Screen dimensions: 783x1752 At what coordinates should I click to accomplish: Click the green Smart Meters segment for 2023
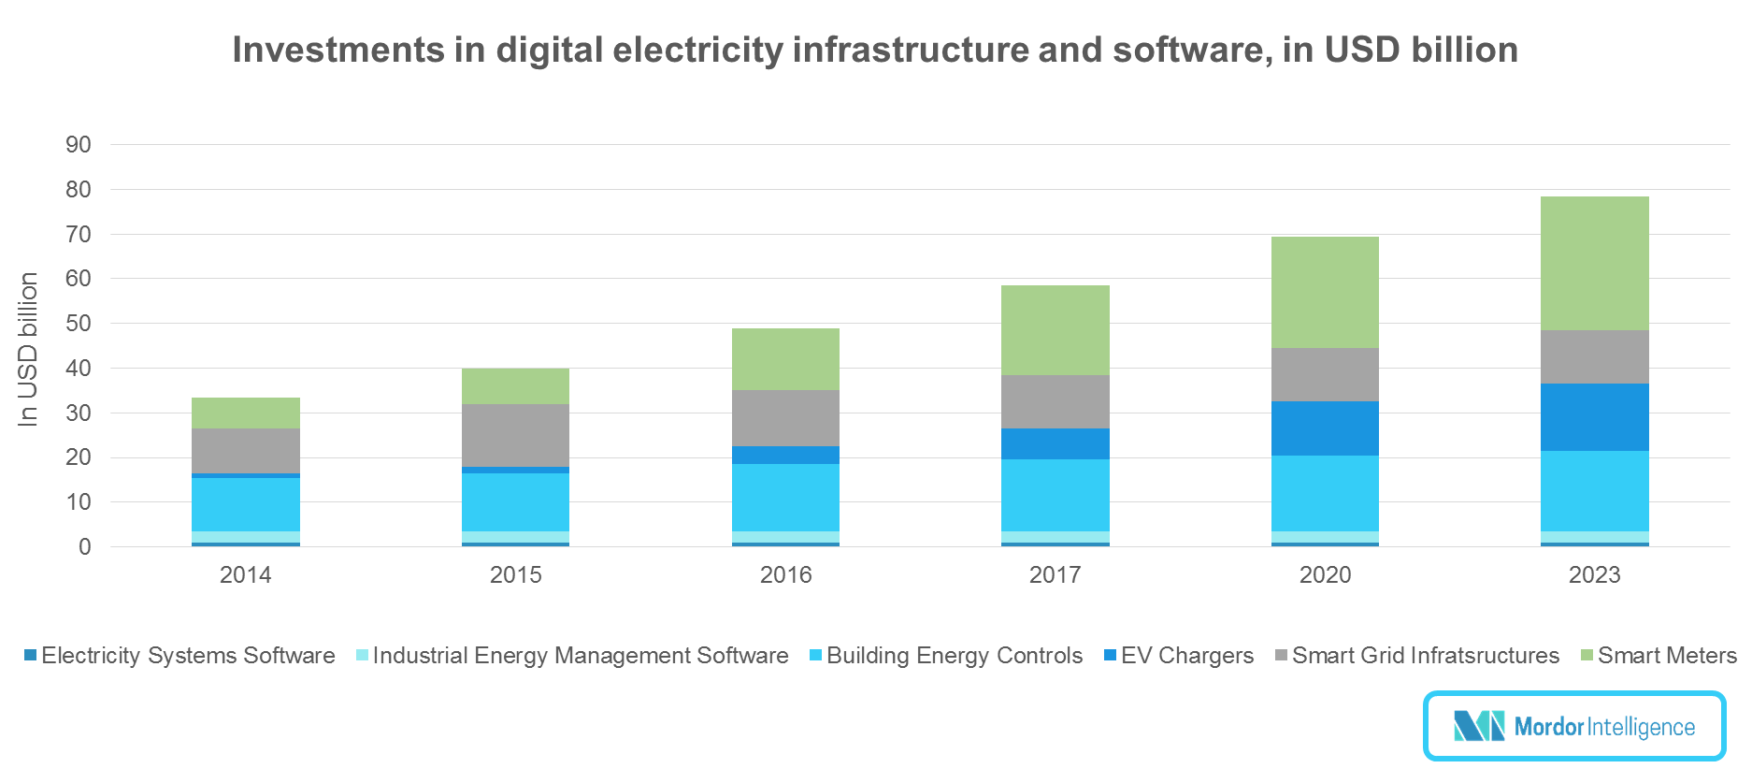[x=1594, y=263]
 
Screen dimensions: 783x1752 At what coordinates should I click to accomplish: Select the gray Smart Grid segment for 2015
[x=515, y=435]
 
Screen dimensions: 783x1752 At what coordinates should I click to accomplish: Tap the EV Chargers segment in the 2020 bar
[x=1325, y=428]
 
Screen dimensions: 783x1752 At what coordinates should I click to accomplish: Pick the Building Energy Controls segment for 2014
[x=246, y=504]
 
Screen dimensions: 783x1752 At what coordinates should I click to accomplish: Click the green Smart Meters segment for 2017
[x=1055, y=330]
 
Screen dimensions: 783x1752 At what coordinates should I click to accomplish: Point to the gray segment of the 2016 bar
[x=785, y=418]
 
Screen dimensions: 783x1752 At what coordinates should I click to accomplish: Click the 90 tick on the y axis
[x=79, y=144]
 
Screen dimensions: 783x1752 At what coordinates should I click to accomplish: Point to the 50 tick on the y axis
[x=79, y=324]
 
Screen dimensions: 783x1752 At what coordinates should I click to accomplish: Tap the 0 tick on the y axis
[x=85, y=547]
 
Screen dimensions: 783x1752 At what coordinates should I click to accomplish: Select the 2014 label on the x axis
[x=245, y=574]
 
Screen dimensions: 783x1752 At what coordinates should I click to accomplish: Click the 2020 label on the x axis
[x=1325, y=574]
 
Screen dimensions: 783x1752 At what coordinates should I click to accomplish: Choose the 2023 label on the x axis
[x=1594, y=574]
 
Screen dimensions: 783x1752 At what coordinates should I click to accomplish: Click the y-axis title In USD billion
[x=28, y=349]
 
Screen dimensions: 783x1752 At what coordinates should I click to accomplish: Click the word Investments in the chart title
[x=337, y=50]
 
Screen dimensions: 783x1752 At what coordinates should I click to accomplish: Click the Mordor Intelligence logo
[x=1574, y=726]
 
